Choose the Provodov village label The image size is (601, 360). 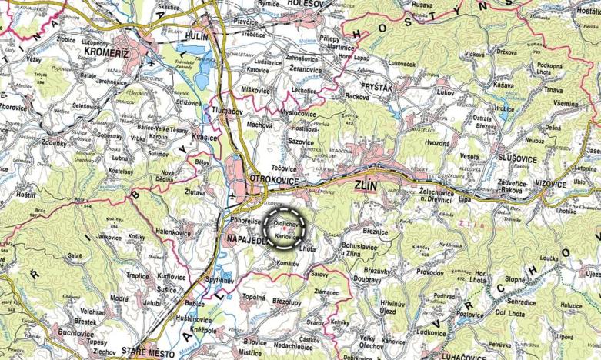[430, 272]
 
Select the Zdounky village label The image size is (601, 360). [38, 142]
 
